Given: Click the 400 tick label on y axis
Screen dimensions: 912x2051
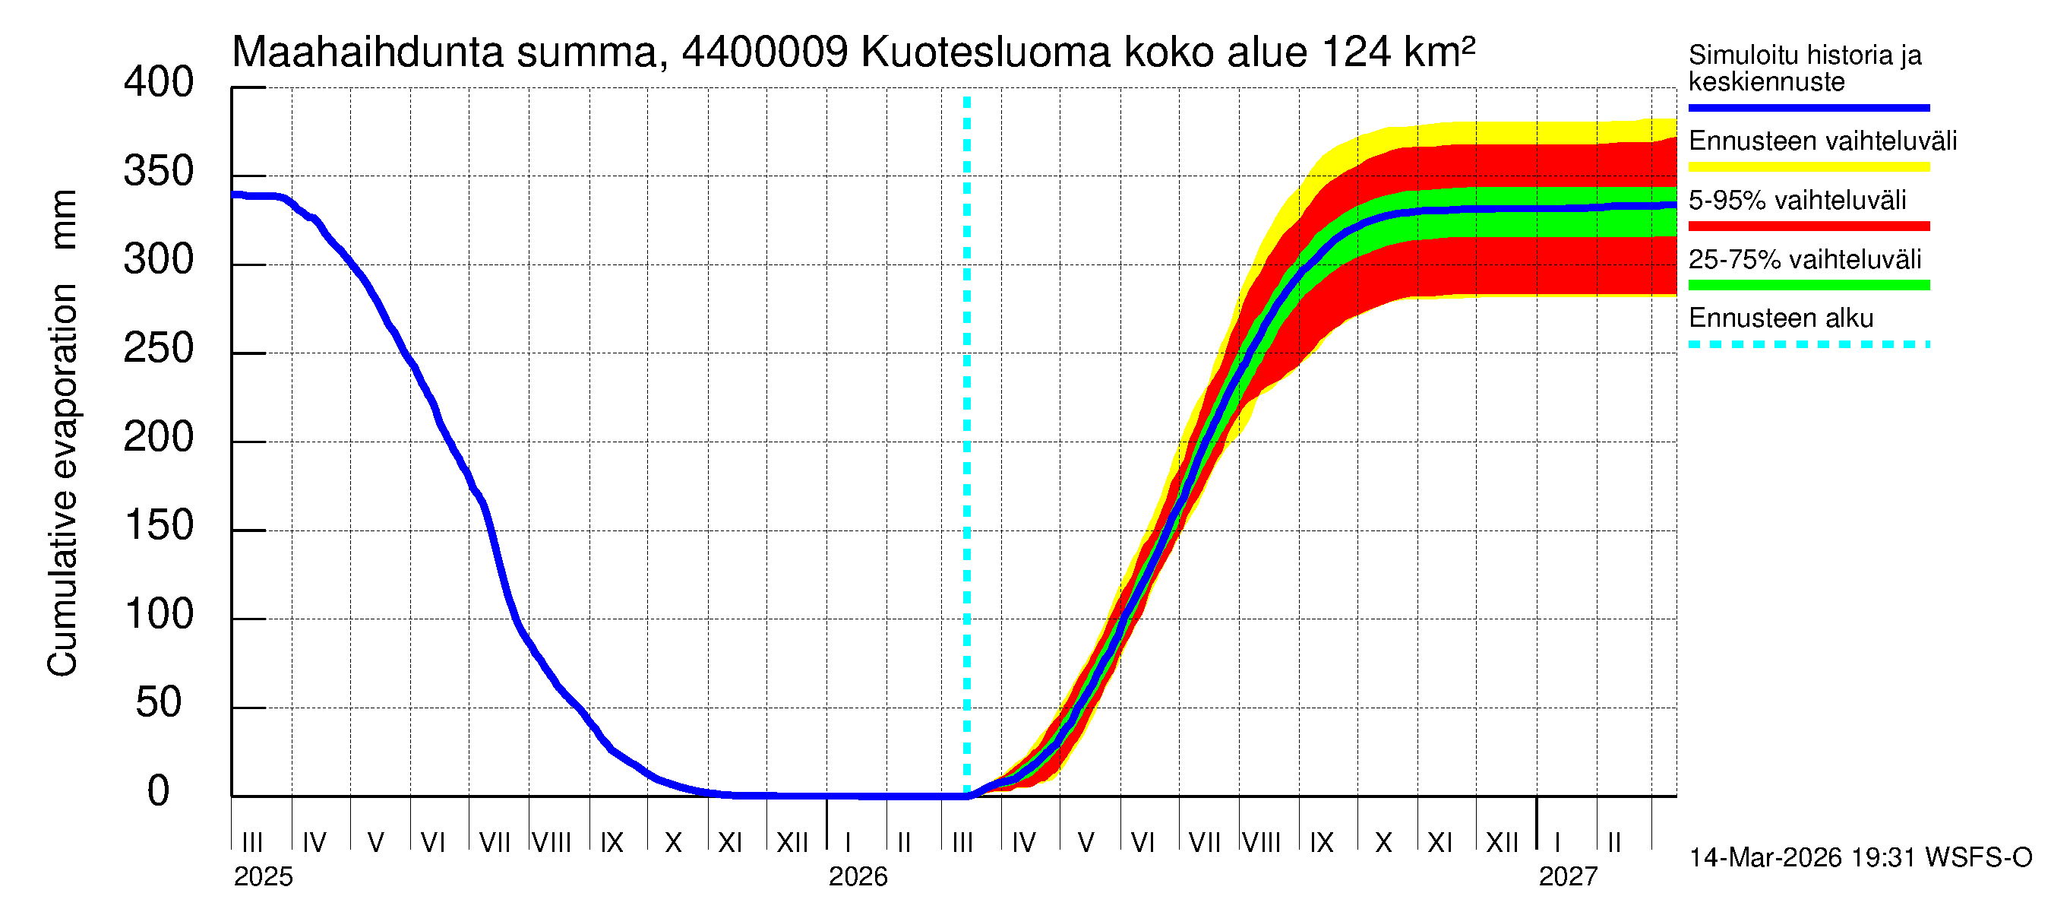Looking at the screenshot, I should click(158, 83).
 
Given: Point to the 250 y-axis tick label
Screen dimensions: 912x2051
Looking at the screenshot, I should click(158, 349).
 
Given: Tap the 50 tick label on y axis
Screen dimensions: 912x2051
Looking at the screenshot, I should click(158, 702).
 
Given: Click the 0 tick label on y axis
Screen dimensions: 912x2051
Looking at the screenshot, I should click(158, 791).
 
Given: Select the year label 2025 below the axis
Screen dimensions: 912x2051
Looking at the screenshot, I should click(263, 877).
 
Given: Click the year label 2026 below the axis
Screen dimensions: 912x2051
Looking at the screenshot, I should click(858, 877).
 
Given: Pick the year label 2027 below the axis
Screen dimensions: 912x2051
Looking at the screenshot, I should click(1568, 877).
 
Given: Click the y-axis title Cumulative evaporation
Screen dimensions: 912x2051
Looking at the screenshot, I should click(62, 478).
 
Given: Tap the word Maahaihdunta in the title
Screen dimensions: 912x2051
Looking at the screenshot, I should click(368, 52).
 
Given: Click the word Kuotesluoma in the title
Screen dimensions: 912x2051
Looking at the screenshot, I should click(986, 52).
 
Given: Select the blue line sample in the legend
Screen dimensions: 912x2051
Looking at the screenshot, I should click(1808, 107).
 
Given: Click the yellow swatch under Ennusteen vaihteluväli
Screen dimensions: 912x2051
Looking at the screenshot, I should click(1808, 167).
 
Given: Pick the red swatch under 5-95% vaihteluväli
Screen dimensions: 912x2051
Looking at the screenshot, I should click(1808, 226).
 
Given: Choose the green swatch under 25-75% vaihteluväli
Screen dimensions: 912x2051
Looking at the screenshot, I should click(1808, 285).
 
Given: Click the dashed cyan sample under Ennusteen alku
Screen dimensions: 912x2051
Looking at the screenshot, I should click(1808, 345).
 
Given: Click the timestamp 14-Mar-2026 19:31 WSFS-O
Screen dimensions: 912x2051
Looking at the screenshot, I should click(1860, 858).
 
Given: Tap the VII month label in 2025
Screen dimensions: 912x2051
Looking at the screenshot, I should click(495, 842).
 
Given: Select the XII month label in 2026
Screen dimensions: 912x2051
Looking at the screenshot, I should click(1502, 842).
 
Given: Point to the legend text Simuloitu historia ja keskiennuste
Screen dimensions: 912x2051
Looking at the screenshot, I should click(1804, 68).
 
